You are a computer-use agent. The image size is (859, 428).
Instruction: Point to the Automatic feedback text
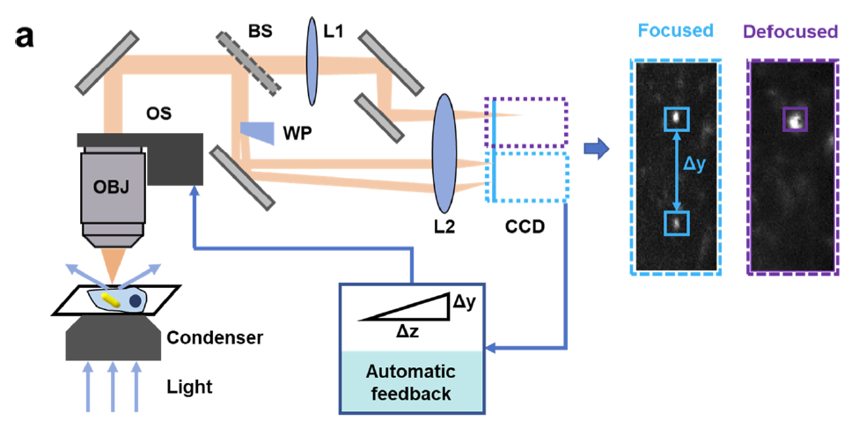412,381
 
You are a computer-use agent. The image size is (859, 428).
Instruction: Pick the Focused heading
676,31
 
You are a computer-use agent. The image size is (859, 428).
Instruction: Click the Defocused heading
790,32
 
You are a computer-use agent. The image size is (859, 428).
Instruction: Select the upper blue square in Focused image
676,118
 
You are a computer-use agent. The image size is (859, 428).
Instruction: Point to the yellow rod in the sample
112,299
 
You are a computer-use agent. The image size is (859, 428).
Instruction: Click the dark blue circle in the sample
136,300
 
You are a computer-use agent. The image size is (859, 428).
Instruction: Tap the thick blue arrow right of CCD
598,150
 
